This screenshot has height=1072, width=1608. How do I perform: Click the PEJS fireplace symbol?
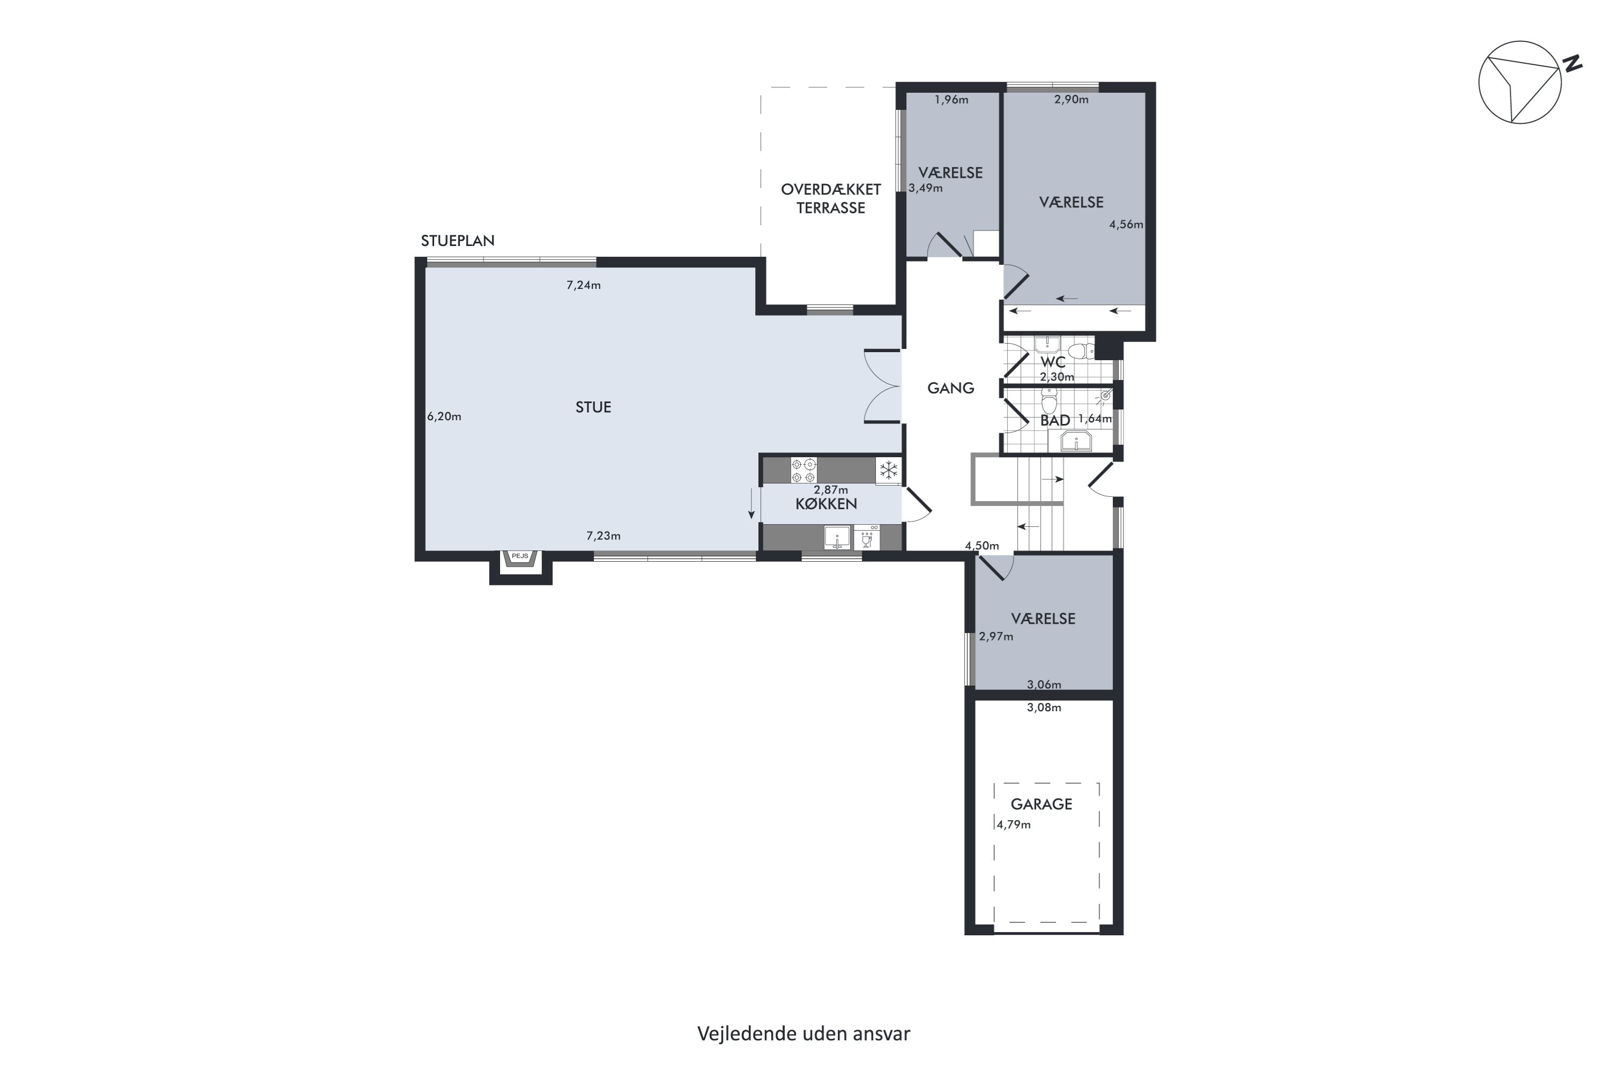520,558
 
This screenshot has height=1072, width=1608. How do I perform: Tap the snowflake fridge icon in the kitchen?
888,471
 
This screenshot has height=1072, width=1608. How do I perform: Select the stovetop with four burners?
803,471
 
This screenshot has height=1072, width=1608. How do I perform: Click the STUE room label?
593,407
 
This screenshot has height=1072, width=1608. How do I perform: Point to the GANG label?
950,388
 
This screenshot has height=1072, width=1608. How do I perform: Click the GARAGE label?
1041,804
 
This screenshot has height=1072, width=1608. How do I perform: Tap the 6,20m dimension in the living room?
444,416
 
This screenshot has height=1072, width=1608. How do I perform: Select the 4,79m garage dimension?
1013,824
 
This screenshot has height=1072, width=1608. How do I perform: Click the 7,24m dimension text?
583,285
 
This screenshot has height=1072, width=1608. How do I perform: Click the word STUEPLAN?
457,241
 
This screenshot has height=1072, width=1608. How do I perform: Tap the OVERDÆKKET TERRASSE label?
831,198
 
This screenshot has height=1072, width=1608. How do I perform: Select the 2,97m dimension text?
996,637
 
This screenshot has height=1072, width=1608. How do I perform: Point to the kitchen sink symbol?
837,538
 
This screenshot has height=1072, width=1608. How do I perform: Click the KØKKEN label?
826,504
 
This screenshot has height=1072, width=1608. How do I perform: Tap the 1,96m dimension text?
951,100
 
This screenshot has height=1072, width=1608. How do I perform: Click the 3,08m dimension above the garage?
1044,708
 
